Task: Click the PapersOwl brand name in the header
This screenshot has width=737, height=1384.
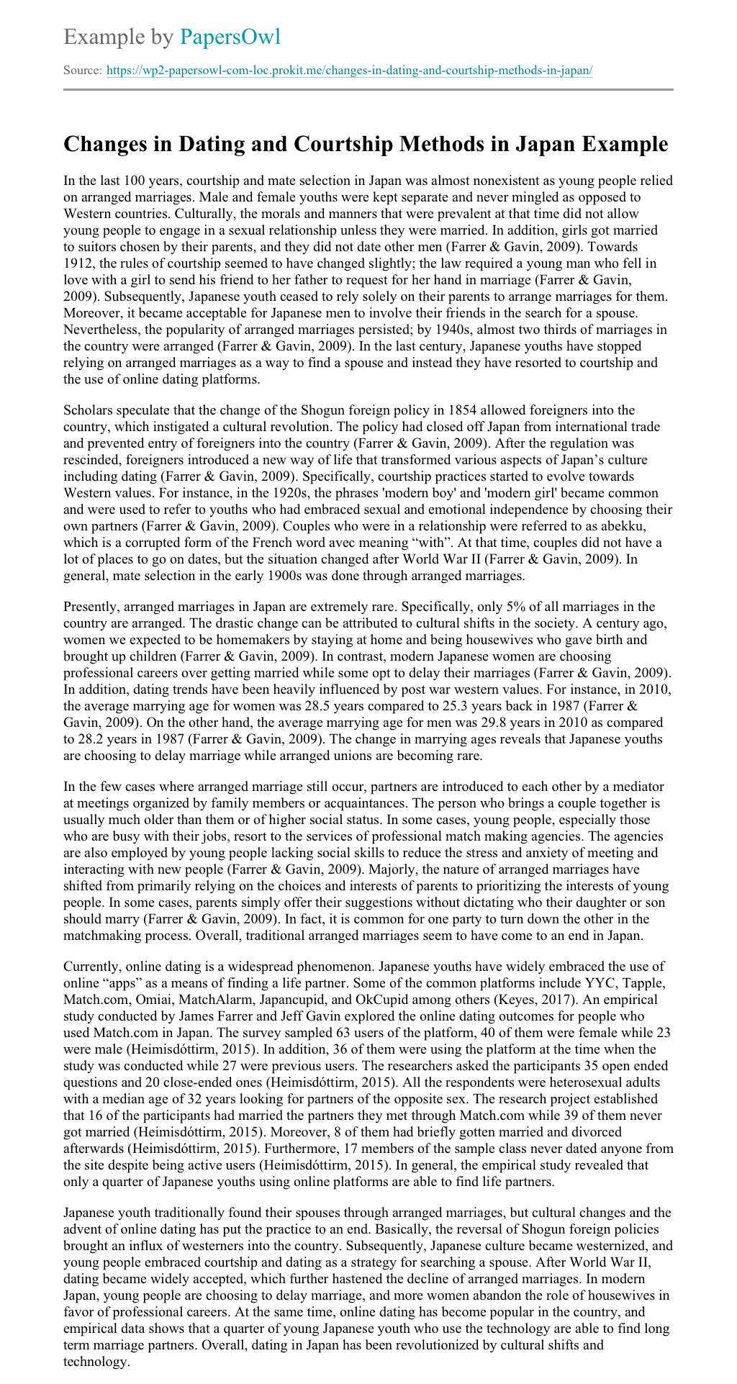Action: [x=230, y=36]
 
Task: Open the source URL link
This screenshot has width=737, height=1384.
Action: [x=349, y=71]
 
